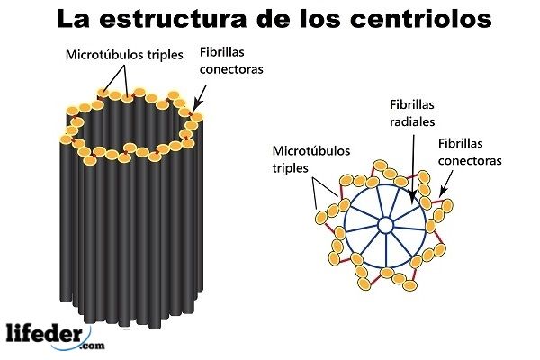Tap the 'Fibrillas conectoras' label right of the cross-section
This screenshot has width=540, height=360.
click(x=469, y=151)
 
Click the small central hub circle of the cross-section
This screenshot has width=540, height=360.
click(x=385, y=224)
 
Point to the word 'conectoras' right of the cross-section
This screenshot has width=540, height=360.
click(x=469, y=160)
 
